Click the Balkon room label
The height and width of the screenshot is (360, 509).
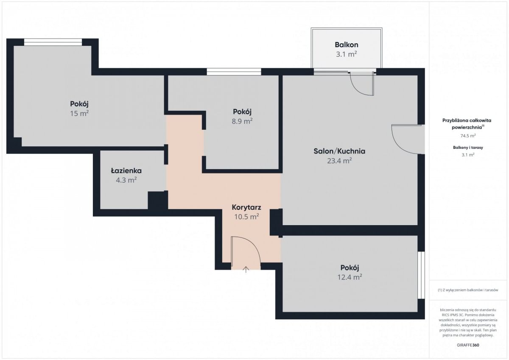click(346, 45)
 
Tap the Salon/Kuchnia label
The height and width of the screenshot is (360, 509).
click(339, 151)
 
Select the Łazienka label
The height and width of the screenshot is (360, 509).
click(126, 170)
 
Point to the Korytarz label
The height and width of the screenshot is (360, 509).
click(246, 207)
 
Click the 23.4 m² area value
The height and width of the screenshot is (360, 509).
click(339, 161)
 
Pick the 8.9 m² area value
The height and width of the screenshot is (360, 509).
click(242, 121)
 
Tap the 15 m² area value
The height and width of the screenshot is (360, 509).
click(79, 113)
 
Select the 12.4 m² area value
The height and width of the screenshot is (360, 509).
click(350, 277)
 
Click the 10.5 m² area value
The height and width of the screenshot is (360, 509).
click(246, 217)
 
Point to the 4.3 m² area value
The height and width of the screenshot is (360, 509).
click(126, 180)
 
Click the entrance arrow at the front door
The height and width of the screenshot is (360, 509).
click(246, 270)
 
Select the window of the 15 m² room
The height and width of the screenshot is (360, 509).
click(53, 42)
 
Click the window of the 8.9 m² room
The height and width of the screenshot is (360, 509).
click(234, 72)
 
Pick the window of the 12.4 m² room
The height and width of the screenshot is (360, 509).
click(421, 275)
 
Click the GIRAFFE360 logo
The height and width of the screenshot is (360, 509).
click(468, 345)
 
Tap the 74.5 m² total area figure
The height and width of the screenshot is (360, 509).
click(468, 136)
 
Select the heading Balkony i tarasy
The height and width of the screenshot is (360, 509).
click(468, 148)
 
